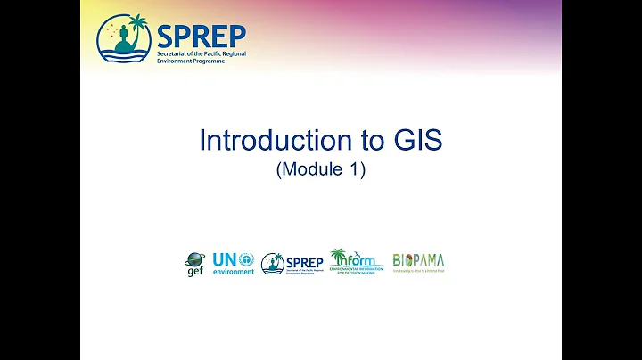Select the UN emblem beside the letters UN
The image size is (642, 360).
pyautogui.click(x=246, y=259)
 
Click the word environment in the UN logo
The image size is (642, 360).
pyautogui.click(x=233, y=272)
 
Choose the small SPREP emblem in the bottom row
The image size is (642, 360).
pyautogui.click(x=272, y=263)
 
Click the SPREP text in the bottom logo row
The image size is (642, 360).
pyautogui.click(x=304, y=262)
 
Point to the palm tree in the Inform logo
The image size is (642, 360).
pyautogui.click(x=338, y=257)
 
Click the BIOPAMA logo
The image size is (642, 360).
pyautogui.click(x=418, y=261)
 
